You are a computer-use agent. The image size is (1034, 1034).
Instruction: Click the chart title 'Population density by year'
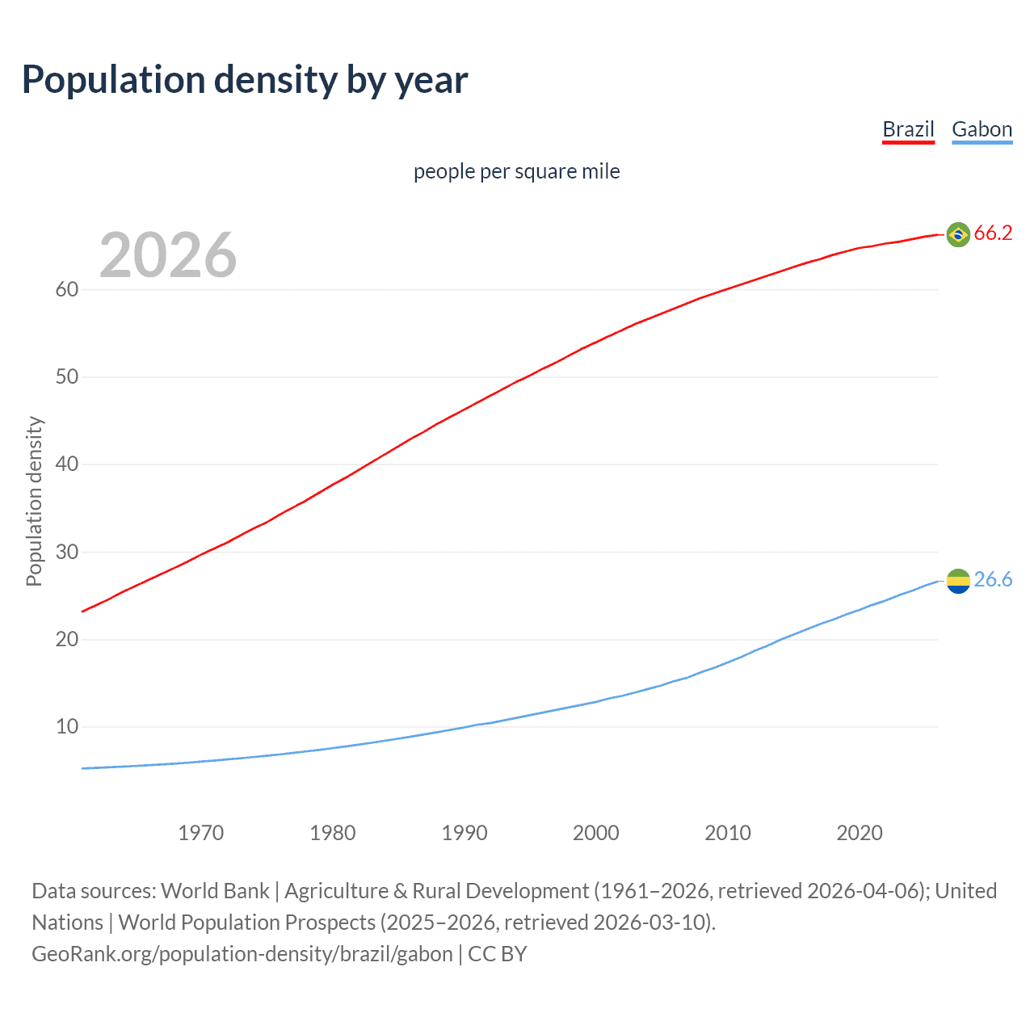point(245,80)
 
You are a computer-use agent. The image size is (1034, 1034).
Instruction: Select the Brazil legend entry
point(908,129)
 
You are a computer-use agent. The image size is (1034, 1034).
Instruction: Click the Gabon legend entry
point(981,129)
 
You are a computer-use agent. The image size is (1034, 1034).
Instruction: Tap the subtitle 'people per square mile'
point(516,171)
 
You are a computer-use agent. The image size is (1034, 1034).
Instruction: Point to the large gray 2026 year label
point(168,255)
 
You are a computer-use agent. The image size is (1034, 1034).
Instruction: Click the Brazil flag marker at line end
point(958,234)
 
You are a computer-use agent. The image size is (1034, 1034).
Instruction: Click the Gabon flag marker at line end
point(958,581)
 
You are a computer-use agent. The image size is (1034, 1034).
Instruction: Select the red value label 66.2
point(993,233)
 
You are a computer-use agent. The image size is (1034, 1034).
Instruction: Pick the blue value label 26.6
point(993,579)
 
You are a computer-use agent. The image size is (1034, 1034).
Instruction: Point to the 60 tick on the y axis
point(67,289)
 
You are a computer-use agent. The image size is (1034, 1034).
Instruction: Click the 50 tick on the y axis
point(67,376)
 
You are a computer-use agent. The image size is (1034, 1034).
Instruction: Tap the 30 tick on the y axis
point(67,552)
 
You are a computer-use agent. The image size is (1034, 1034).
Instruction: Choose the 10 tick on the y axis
point(67,726)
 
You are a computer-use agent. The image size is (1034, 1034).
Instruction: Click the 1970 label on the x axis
point(201,833)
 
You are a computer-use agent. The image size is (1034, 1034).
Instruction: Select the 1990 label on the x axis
point(464,833)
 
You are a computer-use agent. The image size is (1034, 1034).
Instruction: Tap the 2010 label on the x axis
point(728,833)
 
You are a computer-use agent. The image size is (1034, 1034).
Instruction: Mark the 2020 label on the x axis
point(860,833)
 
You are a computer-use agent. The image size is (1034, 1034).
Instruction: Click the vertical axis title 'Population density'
point(34,501)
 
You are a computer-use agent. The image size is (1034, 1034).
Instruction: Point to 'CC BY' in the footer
point(498,954)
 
